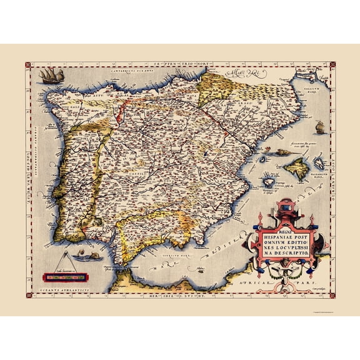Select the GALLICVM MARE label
(x=320, y=91)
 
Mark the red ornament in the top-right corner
(x=332, y=64)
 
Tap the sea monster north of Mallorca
(x=282, y=151)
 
